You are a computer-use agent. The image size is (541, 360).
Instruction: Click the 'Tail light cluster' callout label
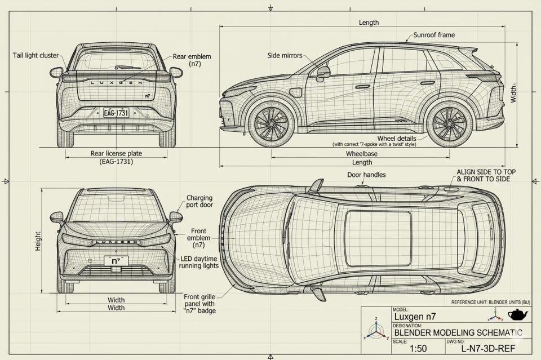click(36, 55)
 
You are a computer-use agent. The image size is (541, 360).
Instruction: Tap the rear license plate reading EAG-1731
click(116, 113)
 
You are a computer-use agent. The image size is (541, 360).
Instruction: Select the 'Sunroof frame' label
click(434, 35)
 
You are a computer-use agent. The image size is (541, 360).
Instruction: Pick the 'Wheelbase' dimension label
click(361, 153)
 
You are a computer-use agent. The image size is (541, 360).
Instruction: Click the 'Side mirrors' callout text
click(285, 55)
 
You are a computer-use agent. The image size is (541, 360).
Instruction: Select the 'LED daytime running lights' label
click(199, 262)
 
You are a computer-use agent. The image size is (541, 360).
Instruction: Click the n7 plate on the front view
click(116, 260)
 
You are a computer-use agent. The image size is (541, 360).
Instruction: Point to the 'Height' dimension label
click(38, 241)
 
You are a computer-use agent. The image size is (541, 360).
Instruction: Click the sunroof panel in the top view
click(378, 238)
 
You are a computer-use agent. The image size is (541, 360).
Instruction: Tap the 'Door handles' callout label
click(366, 175)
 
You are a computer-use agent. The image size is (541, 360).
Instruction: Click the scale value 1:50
click(418, 349)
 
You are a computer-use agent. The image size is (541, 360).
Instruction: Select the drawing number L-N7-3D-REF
click(488, 349)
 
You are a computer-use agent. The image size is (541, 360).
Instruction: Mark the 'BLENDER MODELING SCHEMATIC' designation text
click(458, 332)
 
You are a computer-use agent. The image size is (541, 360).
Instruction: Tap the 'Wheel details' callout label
click(397, 138)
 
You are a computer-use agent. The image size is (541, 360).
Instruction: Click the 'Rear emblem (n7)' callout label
click(192, 60)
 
